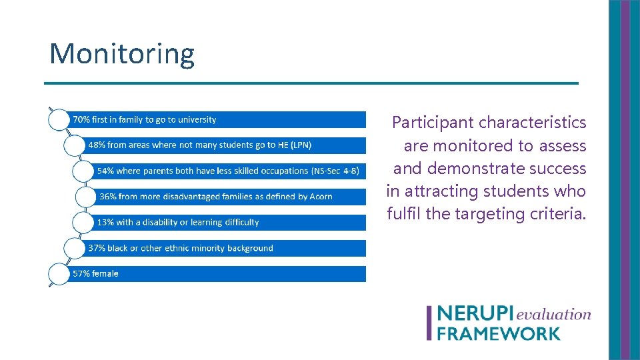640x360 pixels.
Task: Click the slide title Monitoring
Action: (x=122, y=53)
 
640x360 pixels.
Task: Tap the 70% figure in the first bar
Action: (x=81, y=120)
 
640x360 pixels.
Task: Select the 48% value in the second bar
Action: (x=97, y=145)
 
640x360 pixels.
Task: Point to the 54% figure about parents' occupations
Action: (x=105, y=171)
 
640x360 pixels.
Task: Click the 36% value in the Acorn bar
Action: (x=107, y=197)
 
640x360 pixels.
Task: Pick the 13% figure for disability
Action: (x=105, y=222)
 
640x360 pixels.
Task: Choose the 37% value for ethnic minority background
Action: (x=97, y=248)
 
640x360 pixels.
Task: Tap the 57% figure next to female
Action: (x=81, y=273)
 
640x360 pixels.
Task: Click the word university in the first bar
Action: (x=196, y=120)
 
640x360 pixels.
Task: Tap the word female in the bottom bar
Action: (x=106, y=273)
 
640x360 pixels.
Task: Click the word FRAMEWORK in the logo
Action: (x=498, y=332)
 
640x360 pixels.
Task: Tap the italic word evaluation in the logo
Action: (x=553, y=314)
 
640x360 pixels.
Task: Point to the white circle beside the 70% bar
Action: (x=59, y=120)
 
